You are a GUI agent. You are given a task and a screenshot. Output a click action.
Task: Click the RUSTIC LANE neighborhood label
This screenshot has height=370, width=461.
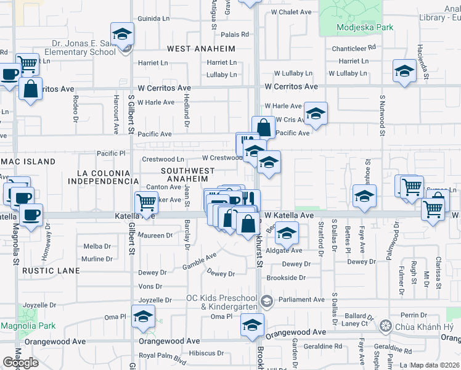51,271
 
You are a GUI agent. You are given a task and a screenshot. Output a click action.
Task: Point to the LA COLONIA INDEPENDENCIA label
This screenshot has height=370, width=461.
103,177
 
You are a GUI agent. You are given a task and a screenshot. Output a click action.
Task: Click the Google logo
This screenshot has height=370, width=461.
20,363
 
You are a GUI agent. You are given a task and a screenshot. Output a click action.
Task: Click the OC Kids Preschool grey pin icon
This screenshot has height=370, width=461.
266,301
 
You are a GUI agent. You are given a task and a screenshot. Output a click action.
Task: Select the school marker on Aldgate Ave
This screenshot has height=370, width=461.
287,233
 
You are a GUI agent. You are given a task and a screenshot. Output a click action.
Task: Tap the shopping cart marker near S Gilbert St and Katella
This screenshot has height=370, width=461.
147,201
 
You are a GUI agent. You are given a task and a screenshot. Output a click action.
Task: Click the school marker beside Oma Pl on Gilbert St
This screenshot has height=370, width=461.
144,318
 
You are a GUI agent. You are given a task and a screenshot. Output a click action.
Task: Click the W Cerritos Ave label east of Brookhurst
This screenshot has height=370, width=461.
292,87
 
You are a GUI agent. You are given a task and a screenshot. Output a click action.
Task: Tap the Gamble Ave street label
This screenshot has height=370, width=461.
198,262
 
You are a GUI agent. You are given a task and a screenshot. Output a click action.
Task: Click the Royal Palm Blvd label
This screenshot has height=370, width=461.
162,355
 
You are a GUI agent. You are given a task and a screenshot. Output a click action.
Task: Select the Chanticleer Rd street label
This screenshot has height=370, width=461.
354,47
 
